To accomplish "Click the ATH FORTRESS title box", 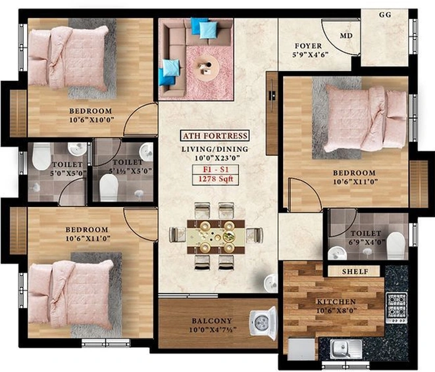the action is (215, 136).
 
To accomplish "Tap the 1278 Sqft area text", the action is (215, 179).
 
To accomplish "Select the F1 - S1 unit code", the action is (216, 170).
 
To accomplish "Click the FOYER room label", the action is (308, 46).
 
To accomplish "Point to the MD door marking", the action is (346, 35).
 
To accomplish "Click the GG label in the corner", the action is (385, 14).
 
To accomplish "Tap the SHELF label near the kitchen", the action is (355, 271).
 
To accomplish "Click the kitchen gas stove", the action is (397, 308).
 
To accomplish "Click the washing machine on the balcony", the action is (263, 323).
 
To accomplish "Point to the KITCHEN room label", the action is (336, 302).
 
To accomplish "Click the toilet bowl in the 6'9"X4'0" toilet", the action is (396, 245).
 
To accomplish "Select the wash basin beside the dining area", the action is (270, 283).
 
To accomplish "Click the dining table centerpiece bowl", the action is (229, 236).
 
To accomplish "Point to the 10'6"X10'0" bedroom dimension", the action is (92, 120).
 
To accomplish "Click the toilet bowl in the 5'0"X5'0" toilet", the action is (41, 156).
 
